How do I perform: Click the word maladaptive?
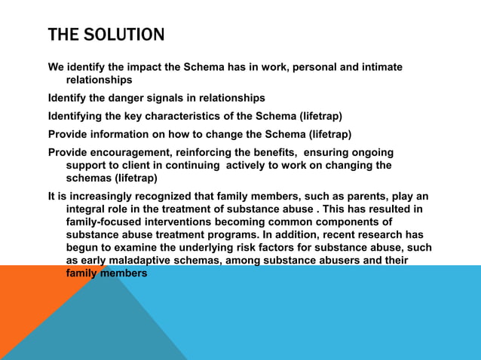coord(142,261)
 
